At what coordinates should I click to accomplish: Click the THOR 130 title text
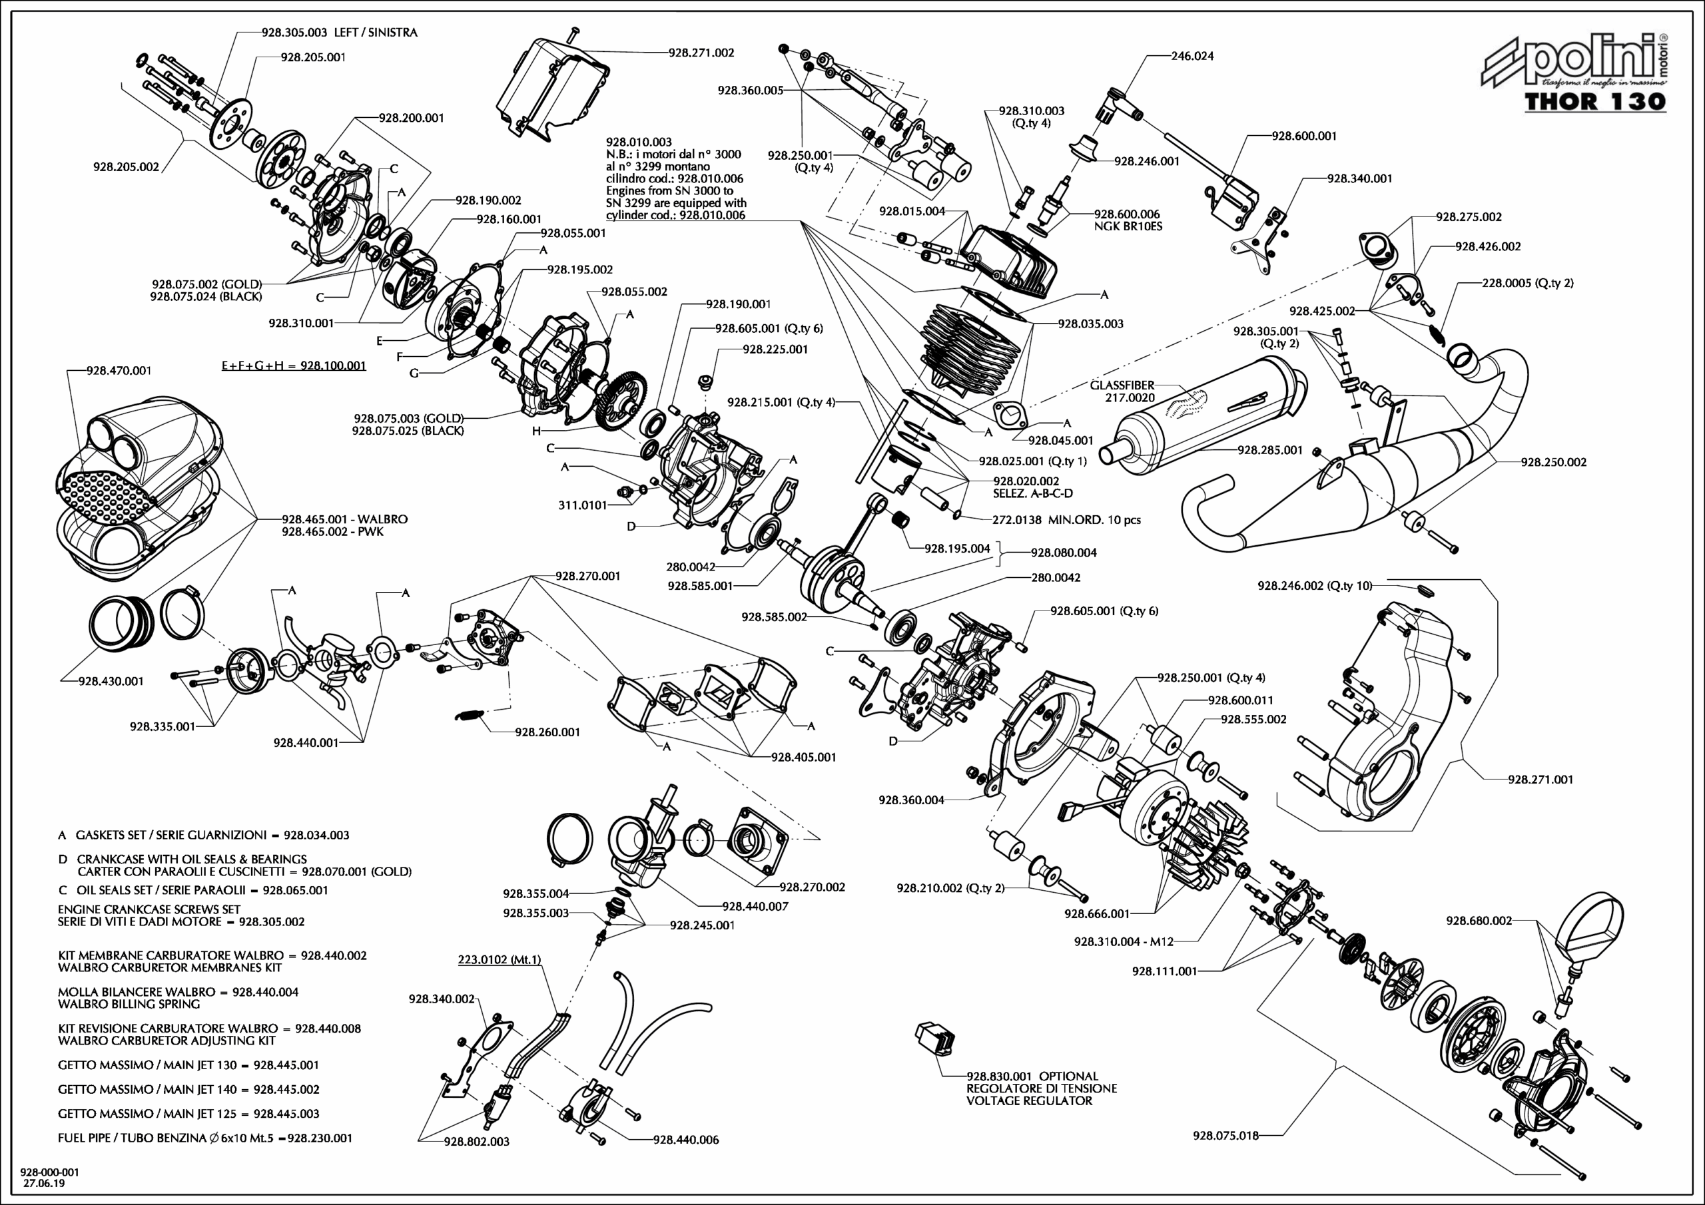pos(1595,102)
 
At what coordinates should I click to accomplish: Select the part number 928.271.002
pos(701,53)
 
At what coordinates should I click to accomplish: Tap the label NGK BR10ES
pos(1128,226)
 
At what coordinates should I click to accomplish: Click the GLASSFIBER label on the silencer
pos(1122,385)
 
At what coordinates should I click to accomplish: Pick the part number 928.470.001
pos(119,370)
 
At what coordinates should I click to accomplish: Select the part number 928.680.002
pos(1479,921)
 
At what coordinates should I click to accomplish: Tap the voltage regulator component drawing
pos(936,1037)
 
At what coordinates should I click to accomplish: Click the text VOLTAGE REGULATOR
pos(1028,1100)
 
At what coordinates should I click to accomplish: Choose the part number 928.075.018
pos(1225,1135)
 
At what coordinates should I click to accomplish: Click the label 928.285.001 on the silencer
pos(1270,450)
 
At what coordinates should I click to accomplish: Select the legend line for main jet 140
pos(188,1089)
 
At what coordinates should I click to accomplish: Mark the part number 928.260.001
pos(547,732)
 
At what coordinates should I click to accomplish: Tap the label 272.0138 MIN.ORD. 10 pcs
pos(1066,520)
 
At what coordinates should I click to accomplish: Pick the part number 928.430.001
pos(111,681)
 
